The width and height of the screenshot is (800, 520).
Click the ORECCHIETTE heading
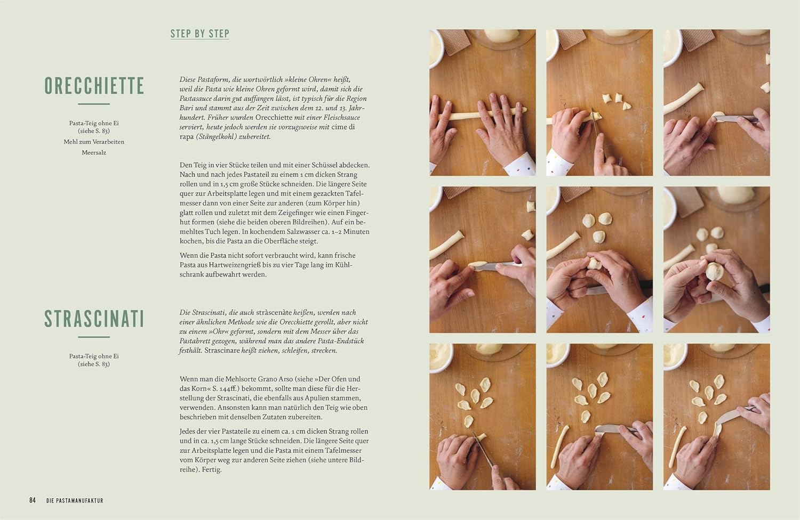click(x=94, y=86)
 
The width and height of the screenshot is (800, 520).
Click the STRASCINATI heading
click(x=94, y=319)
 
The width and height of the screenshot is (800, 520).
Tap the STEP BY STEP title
click(x=199, y=34)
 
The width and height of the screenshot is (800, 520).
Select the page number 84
click(x=33, y=500)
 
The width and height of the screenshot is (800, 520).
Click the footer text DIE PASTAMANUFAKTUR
click(x=75, y=501)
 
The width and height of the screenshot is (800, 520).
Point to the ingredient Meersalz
click(x=94, y=152)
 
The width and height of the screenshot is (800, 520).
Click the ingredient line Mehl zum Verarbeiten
click(x=94, y=142)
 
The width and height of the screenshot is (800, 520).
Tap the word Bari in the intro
click(x=186, y=108)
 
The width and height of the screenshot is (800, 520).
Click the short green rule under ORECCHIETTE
click(x=94, y=104)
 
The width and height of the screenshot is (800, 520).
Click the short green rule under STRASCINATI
click(x=94, y=337)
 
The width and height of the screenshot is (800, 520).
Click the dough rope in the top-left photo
click(x=482, y=114)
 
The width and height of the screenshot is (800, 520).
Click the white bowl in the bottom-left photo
click(x=441, y=357)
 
